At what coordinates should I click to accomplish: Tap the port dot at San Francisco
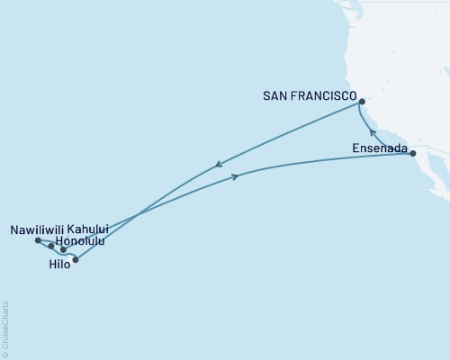361,102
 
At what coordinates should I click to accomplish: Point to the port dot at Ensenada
412,154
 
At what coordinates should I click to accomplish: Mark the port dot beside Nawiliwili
37,240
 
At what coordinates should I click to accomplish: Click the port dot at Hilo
76,260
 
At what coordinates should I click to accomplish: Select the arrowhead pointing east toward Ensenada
235,176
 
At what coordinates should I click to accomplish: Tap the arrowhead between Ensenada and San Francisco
373,133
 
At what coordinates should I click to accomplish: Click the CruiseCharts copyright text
5,328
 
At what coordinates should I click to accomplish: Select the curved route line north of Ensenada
364,122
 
